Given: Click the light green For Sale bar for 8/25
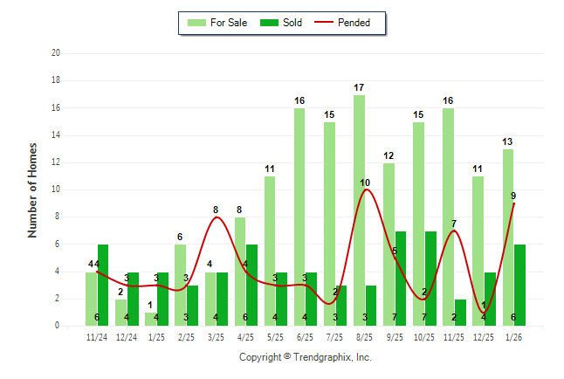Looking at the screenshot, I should click(359, 210).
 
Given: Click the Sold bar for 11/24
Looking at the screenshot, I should click(103, 285).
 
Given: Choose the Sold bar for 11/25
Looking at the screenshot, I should click(460, 312).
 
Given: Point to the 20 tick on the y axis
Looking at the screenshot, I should click(55, 53).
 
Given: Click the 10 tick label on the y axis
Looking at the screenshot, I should click(55, 189).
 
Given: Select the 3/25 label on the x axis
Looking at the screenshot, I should click(216, 336).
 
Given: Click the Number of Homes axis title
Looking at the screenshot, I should click(32, 189).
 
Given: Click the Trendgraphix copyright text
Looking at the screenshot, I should click(305, 357).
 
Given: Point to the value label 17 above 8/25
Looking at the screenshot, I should click(359, 87).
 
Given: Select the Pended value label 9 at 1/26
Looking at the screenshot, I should click(514, 196).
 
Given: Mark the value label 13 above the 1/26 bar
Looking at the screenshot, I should click(507, 141).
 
